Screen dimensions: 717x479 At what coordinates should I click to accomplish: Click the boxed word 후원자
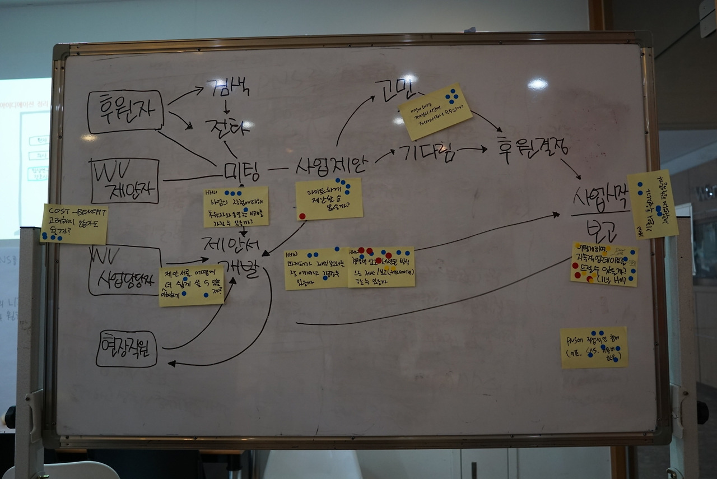pyautogui.click(x=125, y=111)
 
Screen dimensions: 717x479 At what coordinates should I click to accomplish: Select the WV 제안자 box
pyautogui.click(x=124, y=181)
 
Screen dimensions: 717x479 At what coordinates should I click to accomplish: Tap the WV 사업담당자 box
pyautogui.click(x=124, y=269)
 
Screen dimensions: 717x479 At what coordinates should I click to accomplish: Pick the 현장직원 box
pyautogui.click(x=127, y=348)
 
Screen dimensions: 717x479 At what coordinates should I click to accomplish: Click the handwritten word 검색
pyautogui.click(x=228, y=87)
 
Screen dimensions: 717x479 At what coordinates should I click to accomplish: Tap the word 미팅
pyautogui.click(x=241, y=171)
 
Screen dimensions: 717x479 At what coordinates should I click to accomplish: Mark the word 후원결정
pyautogui.click(x=532, y=148)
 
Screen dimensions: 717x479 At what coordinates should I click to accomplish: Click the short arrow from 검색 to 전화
pyautogui.click(x=226, y=106)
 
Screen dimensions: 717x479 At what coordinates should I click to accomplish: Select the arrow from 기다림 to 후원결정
pyautogui.click(x=472, y=149)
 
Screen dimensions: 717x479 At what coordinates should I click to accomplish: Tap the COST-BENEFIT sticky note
pyautogui.click(x=74, y=224)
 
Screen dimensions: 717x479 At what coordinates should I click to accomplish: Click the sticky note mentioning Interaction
pyautogui.click(x=435, y=111)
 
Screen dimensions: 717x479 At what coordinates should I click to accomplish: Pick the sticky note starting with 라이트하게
pyautogui.click(x=329, y=199)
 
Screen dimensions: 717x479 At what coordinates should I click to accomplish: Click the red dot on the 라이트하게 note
pyautogui.click(x=302, y=216)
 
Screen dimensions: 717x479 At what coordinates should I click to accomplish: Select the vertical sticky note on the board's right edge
pyautogui.click(x=653, y=204)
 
